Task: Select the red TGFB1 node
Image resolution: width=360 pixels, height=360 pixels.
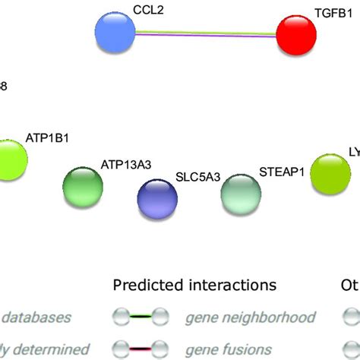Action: point(295,35)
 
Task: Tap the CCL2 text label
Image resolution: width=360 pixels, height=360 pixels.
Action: point(148,9)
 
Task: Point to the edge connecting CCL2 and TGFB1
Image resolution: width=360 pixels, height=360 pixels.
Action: point(205,34)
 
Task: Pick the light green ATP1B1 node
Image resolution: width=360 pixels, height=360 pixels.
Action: point(8,159)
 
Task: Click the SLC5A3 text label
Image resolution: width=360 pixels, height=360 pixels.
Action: point(198,177)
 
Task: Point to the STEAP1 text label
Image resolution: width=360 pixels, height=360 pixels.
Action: point(282,172)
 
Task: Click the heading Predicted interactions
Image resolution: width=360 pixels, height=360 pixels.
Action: point(194,286)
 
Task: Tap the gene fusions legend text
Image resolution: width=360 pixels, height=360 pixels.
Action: point(221,349)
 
